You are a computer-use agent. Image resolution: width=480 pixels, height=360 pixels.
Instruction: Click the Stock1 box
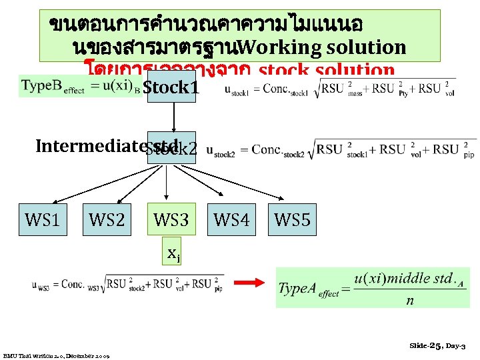coord(171,87)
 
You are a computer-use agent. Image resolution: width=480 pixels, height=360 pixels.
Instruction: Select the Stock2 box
coord(172,148)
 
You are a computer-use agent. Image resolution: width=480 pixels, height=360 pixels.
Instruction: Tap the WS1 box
coord(42,219)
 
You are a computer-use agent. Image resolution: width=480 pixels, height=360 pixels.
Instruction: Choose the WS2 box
coord(107,219)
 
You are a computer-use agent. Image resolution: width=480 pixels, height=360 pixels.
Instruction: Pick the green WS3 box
coord(171,219)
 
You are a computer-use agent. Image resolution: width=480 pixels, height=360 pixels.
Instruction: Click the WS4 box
coord(231,219)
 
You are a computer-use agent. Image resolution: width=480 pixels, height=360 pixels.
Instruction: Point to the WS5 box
coord(292,219)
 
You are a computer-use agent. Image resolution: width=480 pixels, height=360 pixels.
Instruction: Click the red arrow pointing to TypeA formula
coord(251,283)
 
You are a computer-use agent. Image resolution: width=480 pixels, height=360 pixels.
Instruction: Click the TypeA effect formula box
coord(372,287)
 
